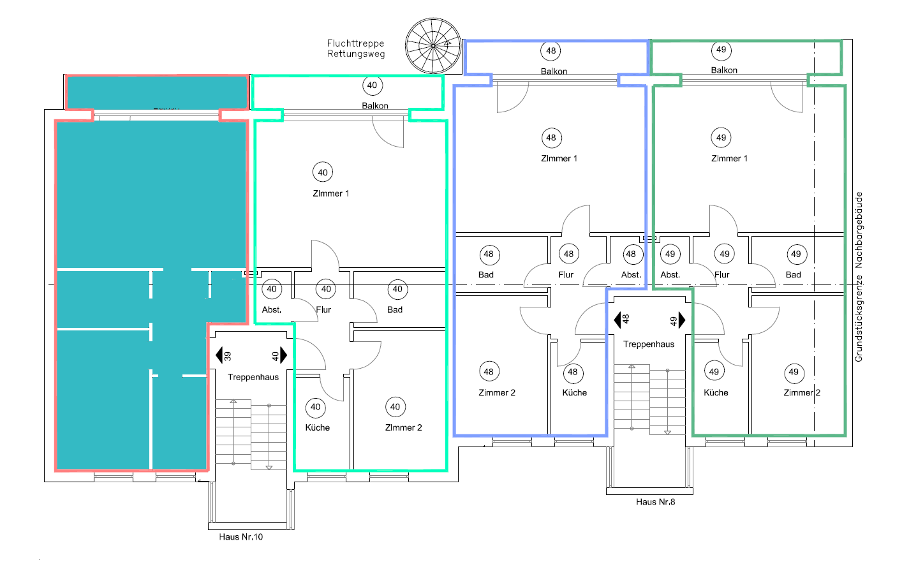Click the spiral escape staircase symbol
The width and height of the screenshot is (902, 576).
point(433,45)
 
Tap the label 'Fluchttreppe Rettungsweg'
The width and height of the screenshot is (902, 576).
point(356,48)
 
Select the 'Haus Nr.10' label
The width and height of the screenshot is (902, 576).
point(240,536)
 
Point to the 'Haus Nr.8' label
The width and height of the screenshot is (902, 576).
point(655,501)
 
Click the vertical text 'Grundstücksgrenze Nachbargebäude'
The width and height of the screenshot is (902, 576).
point(859,277)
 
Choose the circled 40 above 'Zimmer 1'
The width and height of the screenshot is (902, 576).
point(323,172)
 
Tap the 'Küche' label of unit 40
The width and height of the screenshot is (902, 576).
point(317,427)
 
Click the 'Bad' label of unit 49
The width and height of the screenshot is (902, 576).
point(793,274)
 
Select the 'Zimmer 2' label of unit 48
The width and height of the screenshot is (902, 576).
point(497,392)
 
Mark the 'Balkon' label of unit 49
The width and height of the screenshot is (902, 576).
point(724,70)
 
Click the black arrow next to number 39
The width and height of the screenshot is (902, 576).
point(219,355)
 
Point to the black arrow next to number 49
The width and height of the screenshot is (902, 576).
point(682,320)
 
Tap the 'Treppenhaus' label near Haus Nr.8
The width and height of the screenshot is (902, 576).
point(649,344)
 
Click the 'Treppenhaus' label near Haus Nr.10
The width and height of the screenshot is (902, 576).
point(253,377)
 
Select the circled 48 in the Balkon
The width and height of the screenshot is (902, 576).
point(551,50)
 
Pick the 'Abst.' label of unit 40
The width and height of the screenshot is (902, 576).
point(272,309)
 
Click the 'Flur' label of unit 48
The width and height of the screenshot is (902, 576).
point(566,274)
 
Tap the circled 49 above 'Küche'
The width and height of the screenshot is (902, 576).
point(714,371)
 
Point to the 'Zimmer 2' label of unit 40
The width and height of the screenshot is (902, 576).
point(403,427)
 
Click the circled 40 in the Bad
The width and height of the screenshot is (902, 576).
point(397,289)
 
